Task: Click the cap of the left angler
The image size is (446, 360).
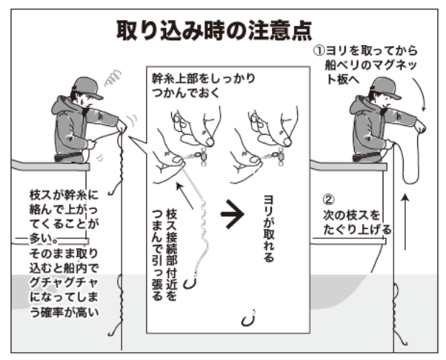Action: [78, 86]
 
